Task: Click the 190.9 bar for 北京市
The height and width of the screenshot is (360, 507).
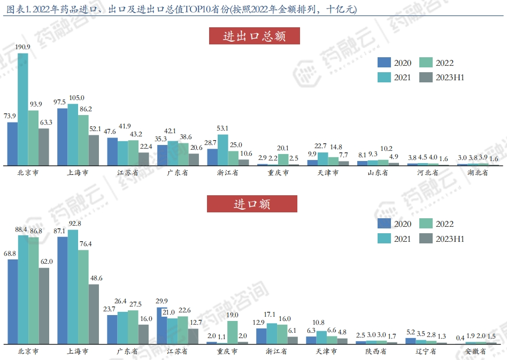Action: [23, 109]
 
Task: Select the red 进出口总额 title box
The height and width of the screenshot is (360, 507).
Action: [254, 36]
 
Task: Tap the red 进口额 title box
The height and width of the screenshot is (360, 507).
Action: [252, 204]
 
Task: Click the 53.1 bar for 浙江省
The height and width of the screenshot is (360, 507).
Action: [222, 150]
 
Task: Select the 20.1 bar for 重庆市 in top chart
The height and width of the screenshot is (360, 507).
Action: [283, 160]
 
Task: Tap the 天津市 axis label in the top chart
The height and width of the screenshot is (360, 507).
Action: [328, 173]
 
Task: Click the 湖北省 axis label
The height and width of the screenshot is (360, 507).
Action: [478, 173]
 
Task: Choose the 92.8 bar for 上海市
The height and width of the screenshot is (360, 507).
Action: [73, 287]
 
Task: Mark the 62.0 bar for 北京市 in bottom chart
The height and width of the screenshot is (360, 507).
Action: [44, 305]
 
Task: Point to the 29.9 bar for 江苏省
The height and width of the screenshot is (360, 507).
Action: [162, 325]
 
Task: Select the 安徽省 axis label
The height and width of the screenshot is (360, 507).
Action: [475, 351]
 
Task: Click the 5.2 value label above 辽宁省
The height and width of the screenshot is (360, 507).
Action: [411, 332]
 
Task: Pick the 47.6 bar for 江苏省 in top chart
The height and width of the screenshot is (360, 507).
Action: [112, 151]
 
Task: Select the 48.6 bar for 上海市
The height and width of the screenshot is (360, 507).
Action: [94, 314]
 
